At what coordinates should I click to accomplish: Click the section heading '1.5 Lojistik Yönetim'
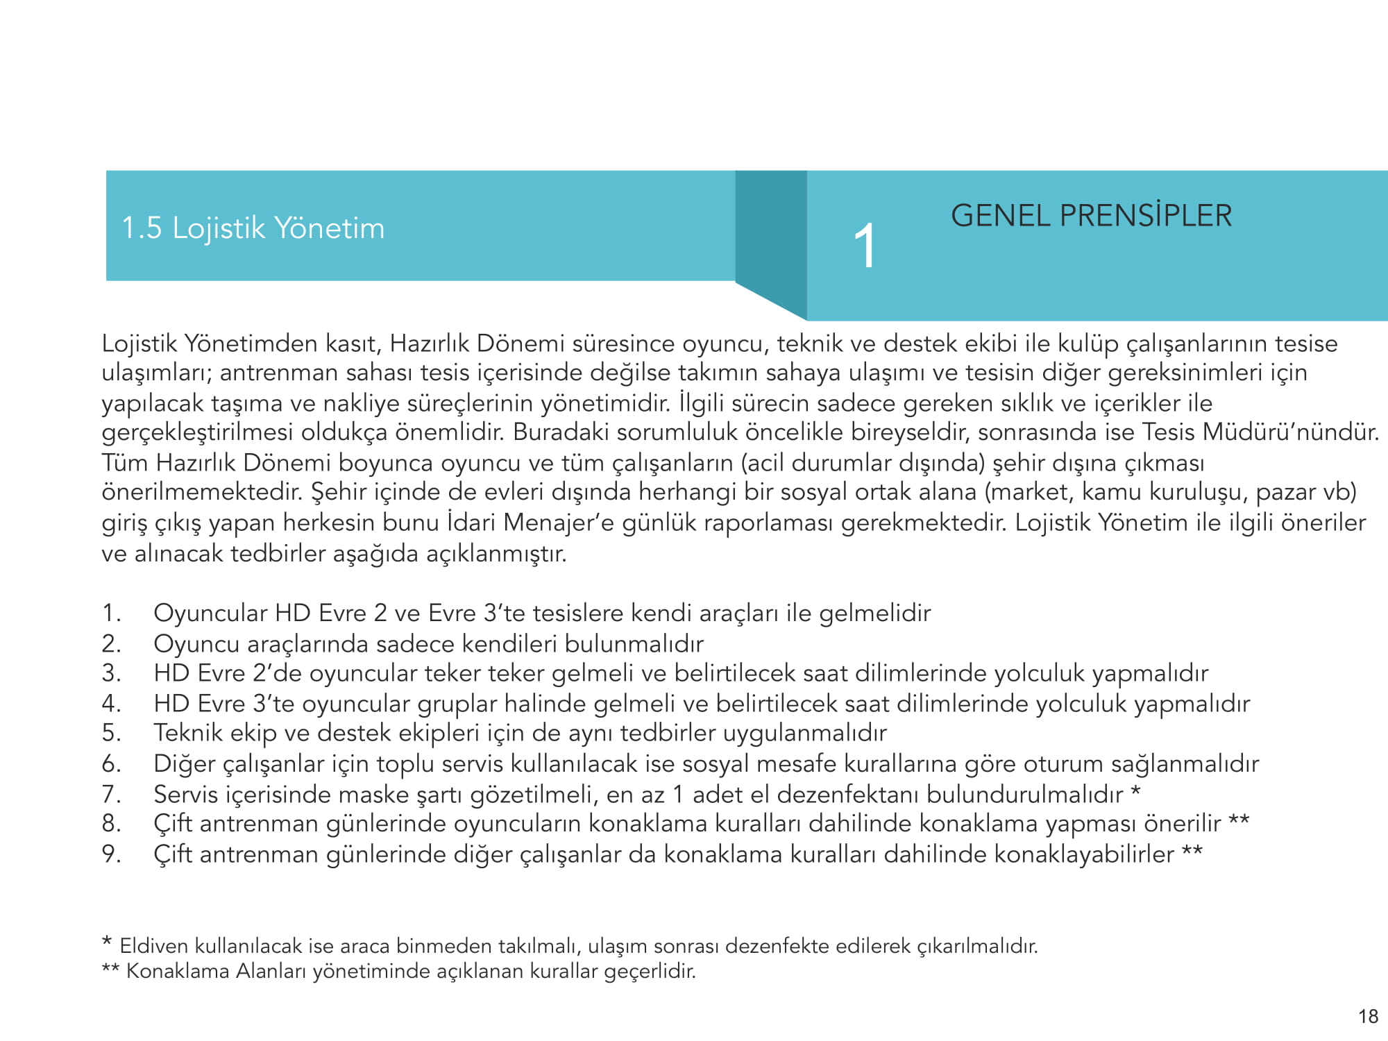click(x=253, y=228)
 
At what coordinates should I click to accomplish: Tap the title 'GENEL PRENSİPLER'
click(x=1091, y=215)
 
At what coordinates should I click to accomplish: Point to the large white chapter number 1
click(x=865, y=246)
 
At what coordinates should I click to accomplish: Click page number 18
click(x=1368, y=1017)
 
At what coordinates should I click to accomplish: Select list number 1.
click(x=111, y=613)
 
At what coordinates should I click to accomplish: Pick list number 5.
click(x=111, y=733)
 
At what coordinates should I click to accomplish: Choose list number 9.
click(x=111, y=854)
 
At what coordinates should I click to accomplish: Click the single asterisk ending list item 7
click(x=1135, y=790)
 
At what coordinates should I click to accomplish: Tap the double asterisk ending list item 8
click(x=1239, y=820)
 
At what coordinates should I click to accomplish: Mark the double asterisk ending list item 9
click(x=1192, y=851)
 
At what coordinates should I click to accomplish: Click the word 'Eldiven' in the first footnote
click(x=153, y=946)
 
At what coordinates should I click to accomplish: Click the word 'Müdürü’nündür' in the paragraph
click(x=1290, y=432)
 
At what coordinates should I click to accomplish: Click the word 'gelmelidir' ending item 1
click(x=874, y=613)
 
